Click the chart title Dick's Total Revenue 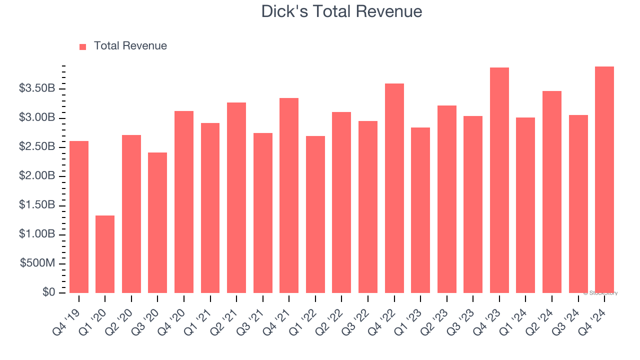click(341, 11)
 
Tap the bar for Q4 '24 click(604, 180)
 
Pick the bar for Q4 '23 click(499, 180)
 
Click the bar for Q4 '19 click(79, 217)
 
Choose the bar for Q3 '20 click(157, 222)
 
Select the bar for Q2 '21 click(236, 197)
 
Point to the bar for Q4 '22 click(394, 188)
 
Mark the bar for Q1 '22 click(315, 214)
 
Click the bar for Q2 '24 click(551, 192)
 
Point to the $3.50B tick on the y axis click(37, 89)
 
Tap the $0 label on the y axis click(48, 292)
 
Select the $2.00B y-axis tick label click(37, 176)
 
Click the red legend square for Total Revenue click(83, 46)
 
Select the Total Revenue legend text click(130, 46)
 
